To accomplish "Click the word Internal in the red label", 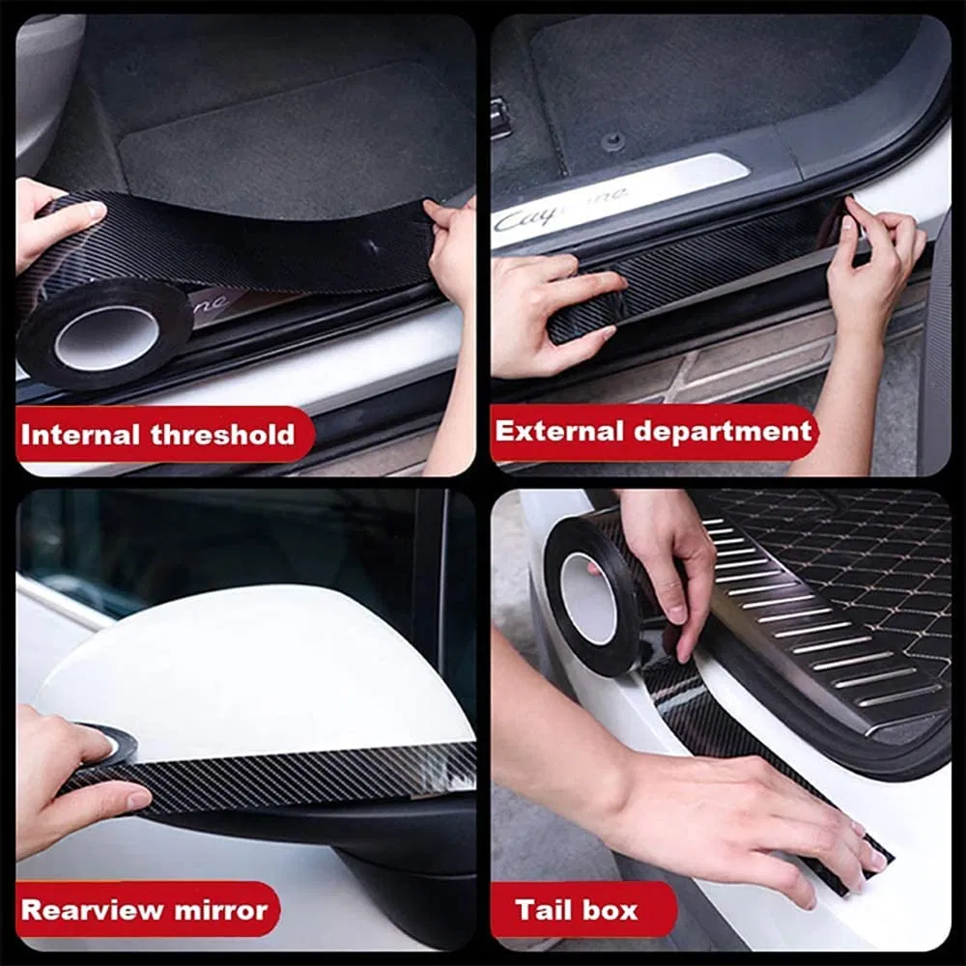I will [x=81, y=434].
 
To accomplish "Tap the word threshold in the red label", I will [x=222, y=434].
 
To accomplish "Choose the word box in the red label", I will [x=614, y=909].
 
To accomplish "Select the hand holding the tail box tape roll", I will [x=667, y=560].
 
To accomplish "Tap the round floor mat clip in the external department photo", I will [x=612, y=141].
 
